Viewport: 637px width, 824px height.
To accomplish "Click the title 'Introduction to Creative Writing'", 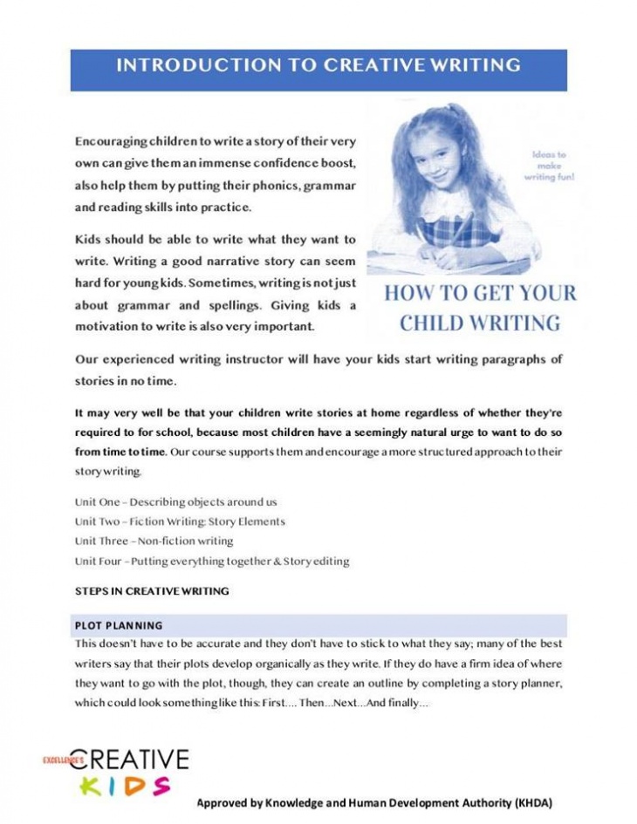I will pyautogui.click(x=318, y=65).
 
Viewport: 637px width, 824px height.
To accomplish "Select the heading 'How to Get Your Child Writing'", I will pyautogui.click(x=480, y=308).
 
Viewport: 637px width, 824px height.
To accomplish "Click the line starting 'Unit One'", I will pyautogui.click(x=175, y=502).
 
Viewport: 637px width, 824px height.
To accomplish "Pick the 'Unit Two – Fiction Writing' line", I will pyautogui.click(x=180, y=521).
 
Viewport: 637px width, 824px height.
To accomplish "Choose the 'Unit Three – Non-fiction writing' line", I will pyautogui.click(x=154, y=541).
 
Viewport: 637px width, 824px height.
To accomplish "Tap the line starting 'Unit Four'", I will pyautogui.click(x=212, y=561).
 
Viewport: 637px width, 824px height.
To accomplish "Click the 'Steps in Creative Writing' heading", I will pyautogui.click(x=152, y=590).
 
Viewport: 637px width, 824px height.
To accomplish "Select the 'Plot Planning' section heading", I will pyautogui.click(x=119, y=625).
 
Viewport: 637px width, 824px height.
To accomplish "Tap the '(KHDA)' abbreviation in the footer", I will pyautogui.click(x=533, y=802).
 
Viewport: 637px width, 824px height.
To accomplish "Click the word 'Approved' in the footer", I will pyautogui.click(x=223, y=802).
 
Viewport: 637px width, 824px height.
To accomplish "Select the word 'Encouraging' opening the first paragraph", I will pyautogui.click(x=111, y=141).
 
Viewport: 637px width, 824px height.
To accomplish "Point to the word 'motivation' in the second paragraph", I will pyautogui.click(x=108, y=327).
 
